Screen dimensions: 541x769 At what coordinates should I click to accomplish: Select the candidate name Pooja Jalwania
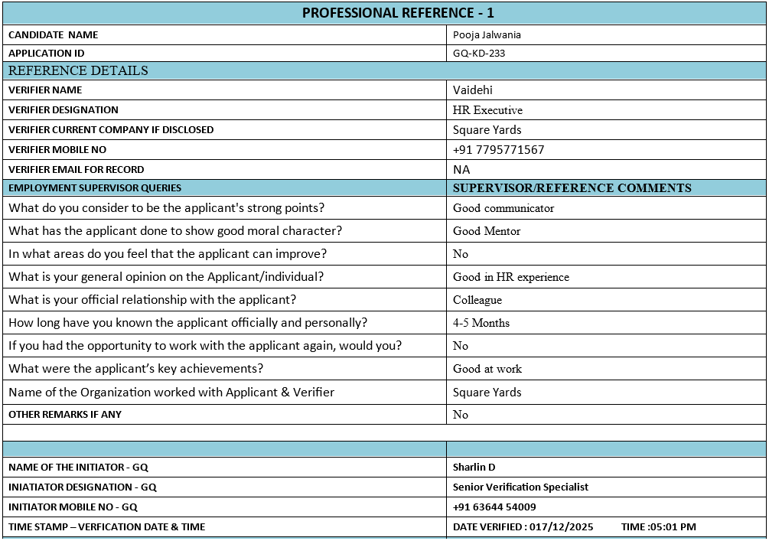487,34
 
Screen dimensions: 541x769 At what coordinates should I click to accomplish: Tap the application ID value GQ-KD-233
479,54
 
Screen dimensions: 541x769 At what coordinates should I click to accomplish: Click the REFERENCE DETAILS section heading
78,70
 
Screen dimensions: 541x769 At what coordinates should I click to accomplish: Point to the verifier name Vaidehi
473,90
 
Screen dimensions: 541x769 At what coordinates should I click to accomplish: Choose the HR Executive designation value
487,110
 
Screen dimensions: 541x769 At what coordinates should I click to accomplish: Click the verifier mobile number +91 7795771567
498,150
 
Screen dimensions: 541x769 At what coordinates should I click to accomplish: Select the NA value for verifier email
461,170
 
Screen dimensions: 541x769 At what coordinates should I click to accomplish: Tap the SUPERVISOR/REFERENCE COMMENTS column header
572,188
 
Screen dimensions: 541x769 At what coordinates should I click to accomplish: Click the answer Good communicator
503,208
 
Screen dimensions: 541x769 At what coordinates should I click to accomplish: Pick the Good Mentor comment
487,231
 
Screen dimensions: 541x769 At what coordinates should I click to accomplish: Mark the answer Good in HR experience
511,277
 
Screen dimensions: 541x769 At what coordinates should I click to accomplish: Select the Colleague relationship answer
477,300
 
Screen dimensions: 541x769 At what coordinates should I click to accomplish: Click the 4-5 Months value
481,323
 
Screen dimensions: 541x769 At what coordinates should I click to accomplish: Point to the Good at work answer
487,369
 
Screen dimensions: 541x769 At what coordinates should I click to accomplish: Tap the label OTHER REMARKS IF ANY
65,415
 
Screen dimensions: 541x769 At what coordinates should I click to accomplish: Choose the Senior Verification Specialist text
520,487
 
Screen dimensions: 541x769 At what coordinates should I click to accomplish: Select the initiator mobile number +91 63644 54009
494,507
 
